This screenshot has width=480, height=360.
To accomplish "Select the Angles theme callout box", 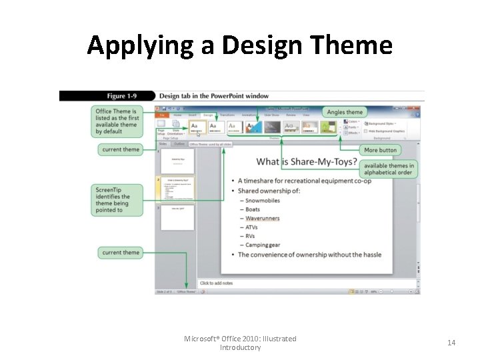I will (345, 112).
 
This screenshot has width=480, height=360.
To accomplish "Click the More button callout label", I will (380, 150).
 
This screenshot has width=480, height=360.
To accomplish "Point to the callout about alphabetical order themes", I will (389, 169).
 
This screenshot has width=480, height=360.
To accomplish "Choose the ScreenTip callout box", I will (117, 200).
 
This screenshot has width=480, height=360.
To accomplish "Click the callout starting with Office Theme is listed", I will (117, 122).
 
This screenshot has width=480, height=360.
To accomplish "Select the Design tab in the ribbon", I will (208, 115).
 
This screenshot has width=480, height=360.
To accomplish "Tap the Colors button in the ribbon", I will (353, 122).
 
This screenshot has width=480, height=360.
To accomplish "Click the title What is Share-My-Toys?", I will (305, 162).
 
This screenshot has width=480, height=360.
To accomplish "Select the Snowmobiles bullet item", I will (262, 200).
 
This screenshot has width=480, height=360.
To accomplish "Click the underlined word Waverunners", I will (262, 218).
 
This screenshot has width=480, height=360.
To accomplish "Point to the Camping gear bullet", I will (263, 245).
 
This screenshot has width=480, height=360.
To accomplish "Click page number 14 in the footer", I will (451, 343).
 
